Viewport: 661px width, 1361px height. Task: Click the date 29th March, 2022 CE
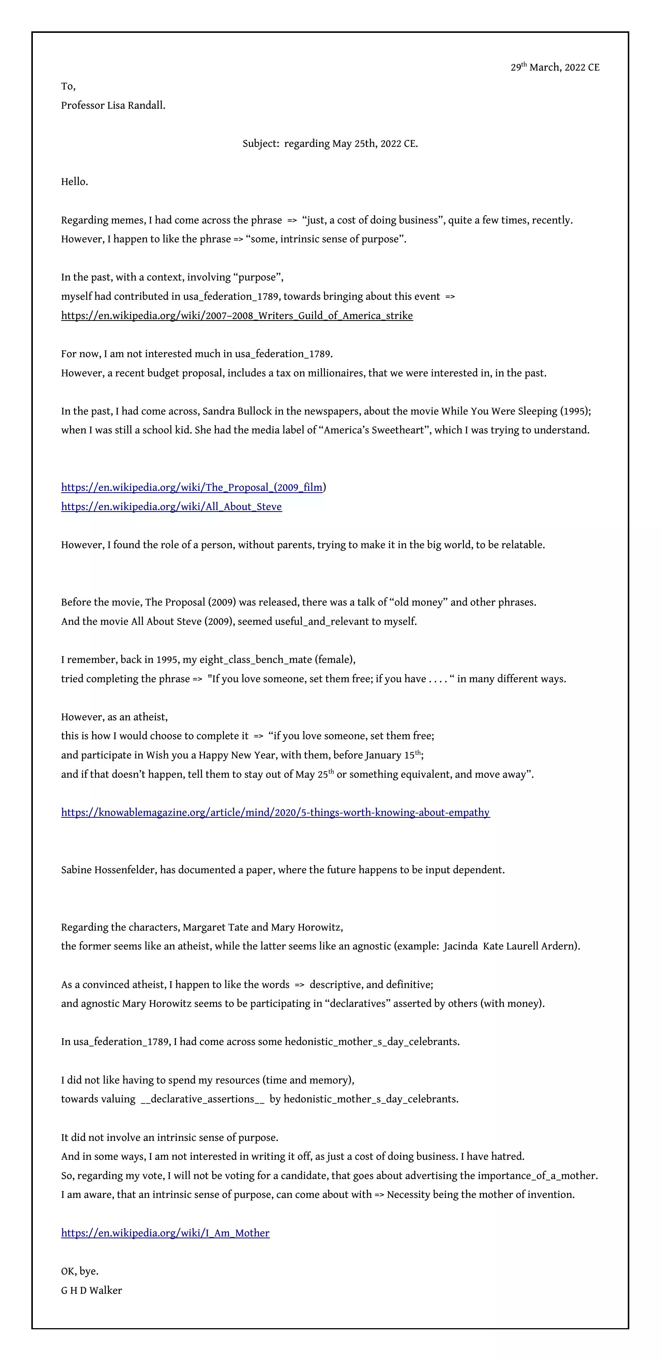[555, 68]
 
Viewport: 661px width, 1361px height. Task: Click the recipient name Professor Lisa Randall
[113, 105]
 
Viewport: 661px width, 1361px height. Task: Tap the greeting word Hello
[74, 182]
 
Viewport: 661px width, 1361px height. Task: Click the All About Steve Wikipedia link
[171, 507]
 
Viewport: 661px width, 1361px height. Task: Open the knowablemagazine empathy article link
[275, 812]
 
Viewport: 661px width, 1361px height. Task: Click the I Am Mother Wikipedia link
[165, 1233]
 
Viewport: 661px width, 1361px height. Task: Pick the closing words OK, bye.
[80, 1272]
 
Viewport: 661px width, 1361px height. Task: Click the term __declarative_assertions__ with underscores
[202, 1099]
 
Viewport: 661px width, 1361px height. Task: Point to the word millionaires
[328, 373]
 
